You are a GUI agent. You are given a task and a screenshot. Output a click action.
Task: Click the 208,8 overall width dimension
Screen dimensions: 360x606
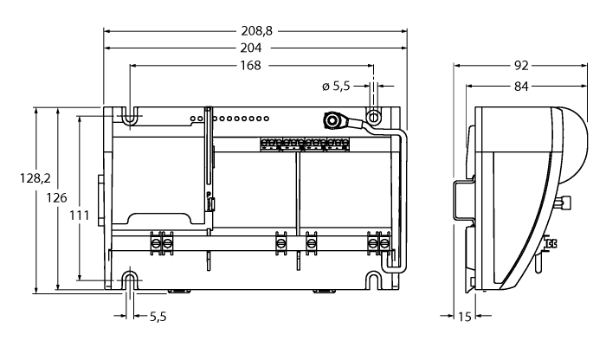pyautogui.click(x=256, y=30)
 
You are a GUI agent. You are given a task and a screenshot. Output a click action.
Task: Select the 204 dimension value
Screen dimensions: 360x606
pyautogui.click(x=255, y=48)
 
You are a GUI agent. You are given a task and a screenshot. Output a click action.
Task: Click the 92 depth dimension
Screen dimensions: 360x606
pyautogui.click(x=522, y=65)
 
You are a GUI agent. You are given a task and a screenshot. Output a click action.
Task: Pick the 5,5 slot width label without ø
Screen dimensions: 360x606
pyautogui.click(x=158, y=318)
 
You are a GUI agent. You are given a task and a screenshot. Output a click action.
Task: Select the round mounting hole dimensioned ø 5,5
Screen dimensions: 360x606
pyautogui.click(x=374, y=116)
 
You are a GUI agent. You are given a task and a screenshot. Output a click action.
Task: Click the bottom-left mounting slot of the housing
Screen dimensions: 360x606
pyautogui.click(x=129, y=280)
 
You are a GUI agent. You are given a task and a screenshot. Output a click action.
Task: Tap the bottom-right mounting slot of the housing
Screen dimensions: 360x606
pyautogui.click(x=374, y=280)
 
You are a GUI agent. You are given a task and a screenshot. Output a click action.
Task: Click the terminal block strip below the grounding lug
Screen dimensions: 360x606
pyautogui.click(x=303, y=143)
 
